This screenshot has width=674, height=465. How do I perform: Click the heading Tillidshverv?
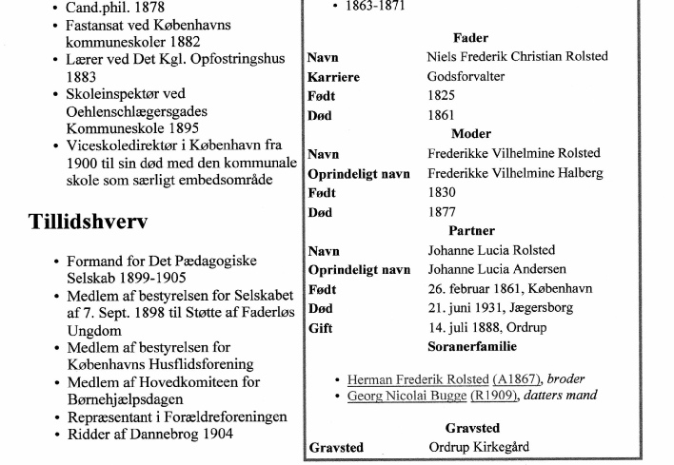point(88,223)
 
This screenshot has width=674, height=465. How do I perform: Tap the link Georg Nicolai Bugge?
point(407,395)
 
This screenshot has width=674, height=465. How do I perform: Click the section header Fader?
point(471,38)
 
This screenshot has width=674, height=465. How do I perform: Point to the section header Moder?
point(471,134)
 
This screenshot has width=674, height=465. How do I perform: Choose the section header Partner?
point(471,231)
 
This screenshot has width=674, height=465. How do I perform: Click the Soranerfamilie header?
point(472,347)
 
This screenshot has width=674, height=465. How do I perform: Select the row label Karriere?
point(333,77)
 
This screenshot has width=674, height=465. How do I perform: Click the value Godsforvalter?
point(466,77)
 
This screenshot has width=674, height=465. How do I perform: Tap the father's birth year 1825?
point(442,96)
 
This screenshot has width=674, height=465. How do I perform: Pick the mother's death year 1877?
point(442,212)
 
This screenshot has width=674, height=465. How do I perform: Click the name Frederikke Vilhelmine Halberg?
point(513,173)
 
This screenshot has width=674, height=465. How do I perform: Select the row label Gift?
point(321,329)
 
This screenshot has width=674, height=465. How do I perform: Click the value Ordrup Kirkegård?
point(479,447)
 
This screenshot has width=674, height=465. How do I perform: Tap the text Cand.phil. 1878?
point(115,8)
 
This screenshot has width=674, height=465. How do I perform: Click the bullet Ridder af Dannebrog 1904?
point(149,435)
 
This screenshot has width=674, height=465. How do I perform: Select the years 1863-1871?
point(378,6)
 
